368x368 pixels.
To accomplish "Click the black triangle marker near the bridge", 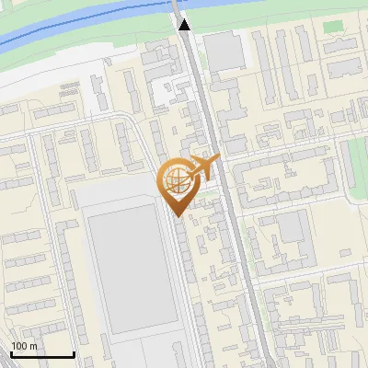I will pyautogui.click(x=185, y=25).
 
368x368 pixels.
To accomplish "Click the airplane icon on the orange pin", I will pyautogui.click(x=204, y=167).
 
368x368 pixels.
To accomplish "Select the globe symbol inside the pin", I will pyautogui.click(x=176, y=179).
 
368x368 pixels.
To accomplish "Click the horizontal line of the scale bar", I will pyautogui.click(x=41, y=354).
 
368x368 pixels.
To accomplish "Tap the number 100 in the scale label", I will pyautogui.click(x=19, y=346).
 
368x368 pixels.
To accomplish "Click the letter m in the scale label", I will pyautogui.click(x=33, y=346).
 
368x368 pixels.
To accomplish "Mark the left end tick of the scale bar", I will pyautogui.click(x=10, y=352).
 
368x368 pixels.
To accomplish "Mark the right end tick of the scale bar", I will pyautogui.click(x=74, y=352).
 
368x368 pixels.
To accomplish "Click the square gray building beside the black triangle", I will pyautogui.click(x=224, y=53).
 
